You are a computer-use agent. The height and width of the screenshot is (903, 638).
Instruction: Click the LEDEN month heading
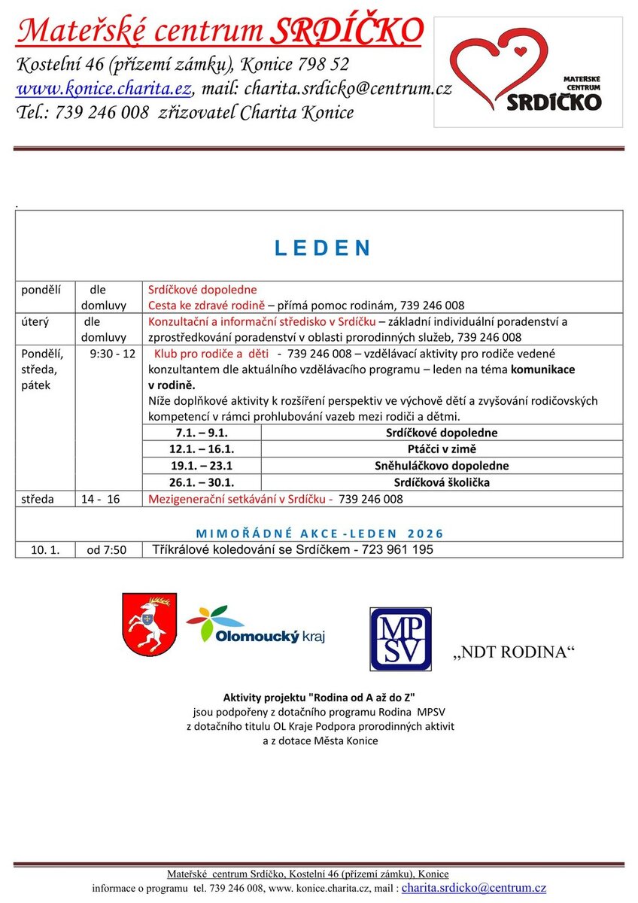click(x=322, y=248)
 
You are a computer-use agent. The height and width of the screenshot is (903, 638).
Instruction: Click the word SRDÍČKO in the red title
click(x=346, y=32)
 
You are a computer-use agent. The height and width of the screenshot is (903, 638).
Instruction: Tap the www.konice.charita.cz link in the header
click(x=104, y=88)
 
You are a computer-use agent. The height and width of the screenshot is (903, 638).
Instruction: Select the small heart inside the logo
click(x=518, y=52)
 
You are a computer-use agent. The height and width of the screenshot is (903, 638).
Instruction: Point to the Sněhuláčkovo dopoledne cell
click(x=441, y=466)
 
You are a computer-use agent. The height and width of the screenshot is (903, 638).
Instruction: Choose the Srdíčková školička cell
click(x=441, y=482)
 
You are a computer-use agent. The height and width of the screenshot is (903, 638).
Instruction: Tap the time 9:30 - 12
click(x=112, y=353)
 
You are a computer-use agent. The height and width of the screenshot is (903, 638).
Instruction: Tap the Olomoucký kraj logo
click(x=255, y=625)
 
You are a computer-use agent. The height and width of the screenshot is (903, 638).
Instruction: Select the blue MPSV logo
click(x=400, y=639)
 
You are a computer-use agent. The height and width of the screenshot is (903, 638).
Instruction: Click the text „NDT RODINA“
click(x=514, y=652)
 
